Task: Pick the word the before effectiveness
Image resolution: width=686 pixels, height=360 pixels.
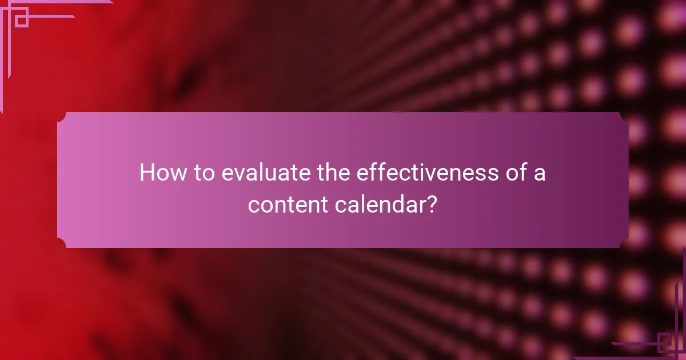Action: pos(333,173)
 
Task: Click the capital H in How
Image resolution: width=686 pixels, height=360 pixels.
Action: pos(148,173)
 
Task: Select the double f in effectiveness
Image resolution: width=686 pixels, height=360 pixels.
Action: pos(372,173)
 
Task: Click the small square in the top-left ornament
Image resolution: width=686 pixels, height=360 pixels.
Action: pos(21,20)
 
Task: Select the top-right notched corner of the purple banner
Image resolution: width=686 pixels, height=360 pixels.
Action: pos(624,117)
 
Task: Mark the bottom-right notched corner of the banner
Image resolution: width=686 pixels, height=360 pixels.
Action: pos(624,243)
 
